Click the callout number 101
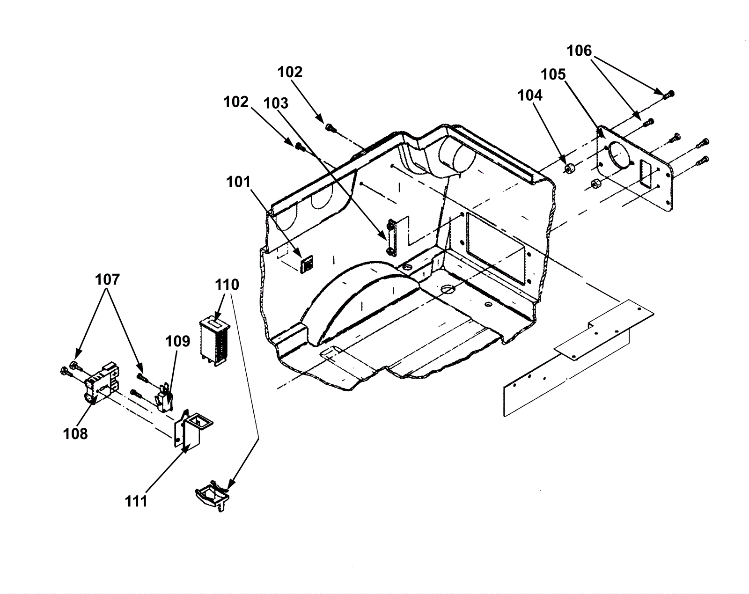(238, 182)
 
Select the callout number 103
(276, 103)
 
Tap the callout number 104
(530, 95)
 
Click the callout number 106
(579, 51)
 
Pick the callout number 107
(107, 279)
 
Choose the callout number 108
(75, 434)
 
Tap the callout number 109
(177, 341)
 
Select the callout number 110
(227, 285)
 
